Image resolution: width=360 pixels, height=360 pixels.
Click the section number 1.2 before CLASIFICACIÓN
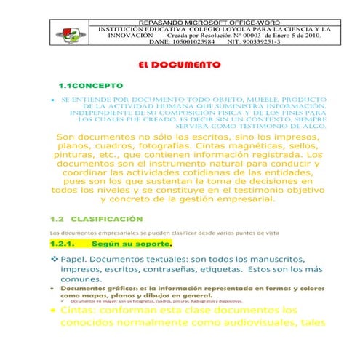pos(57,218)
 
